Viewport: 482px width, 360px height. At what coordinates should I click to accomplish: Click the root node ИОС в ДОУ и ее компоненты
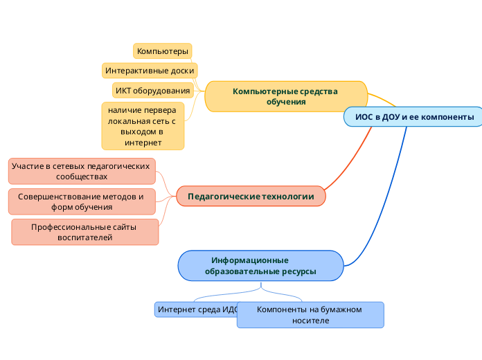pyautogui.click(x=414, y=117)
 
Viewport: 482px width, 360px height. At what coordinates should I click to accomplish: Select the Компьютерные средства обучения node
pyautogui.click(x=285, y=96)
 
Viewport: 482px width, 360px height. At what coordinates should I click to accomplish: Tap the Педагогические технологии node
pyautogui.click(x=251, y=197)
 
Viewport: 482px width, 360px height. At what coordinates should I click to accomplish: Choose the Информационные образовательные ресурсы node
pyautogui.click(x=260, y=266)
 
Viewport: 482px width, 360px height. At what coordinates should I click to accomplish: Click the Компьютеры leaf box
pyautogui.click(x=162, y=51)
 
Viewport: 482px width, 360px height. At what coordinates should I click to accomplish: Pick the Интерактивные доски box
pyautogui.click(x=150, y=71)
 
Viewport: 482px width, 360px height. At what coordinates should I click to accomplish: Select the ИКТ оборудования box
pyautogui.click(x=152, y=91)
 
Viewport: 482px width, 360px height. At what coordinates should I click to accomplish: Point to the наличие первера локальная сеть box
pyautogui.click(x=143, y=125)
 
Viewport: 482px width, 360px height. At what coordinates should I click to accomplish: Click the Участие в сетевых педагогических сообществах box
pyautogui.click(x=82, y=172)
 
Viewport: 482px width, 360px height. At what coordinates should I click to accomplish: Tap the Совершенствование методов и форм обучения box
pyautogui.click(x=82, y=201)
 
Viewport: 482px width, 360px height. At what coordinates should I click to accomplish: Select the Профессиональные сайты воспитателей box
pyautogui.click(x=84, y=232)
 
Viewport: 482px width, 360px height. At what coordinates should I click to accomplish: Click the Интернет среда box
pyautogui.click(x=195, y=309)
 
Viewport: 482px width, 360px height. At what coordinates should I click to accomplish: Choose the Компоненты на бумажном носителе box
pyautogui.click(x=310, y=315)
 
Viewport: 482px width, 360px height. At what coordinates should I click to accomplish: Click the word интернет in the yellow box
pyautogui.click(x=143, y=143)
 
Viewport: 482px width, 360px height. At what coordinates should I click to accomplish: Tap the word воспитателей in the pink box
pyautogui.click(x=84, y=237)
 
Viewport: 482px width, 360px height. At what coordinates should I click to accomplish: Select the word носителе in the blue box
pyautogui.click(x=310, y=321)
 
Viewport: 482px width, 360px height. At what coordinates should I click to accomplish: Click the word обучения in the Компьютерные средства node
pyautogui.click(x=285, y=102)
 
